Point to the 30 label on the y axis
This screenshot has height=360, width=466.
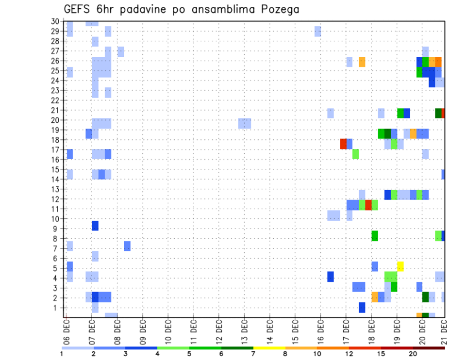point(55,21)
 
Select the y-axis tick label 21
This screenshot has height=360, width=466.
point(55,110)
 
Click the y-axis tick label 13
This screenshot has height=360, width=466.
point(55,189)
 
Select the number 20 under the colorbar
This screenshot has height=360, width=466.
point(413,354)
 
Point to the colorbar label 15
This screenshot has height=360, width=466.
point(382,354)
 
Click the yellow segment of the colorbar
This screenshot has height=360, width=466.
point(269,347)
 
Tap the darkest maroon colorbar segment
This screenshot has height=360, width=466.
point(429,347)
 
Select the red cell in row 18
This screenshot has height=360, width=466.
point(343,144)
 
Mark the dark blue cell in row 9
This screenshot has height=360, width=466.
point(95,226)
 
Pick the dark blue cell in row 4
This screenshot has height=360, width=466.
point(331,277)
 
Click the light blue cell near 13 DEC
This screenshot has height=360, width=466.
point(245,123)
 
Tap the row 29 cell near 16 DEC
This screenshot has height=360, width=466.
point(317,31)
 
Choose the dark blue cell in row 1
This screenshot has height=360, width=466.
point(362,307)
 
